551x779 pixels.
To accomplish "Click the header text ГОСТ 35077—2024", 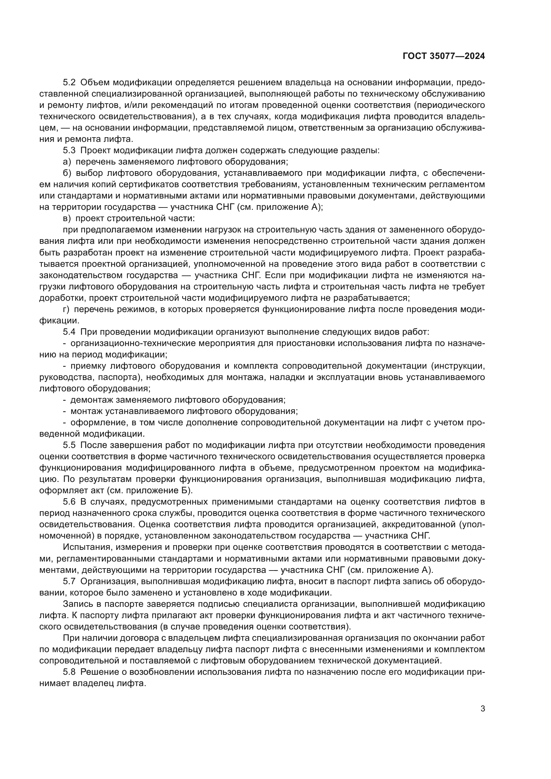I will (444, 56).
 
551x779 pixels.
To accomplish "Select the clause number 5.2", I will (70, 83).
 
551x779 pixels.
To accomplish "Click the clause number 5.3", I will (70, 150).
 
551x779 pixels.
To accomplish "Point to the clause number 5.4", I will (70, 332).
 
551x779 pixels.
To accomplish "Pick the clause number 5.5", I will (70, 445).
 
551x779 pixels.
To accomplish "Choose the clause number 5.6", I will (70, 502).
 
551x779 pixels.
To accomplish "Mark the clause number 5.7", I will (70, 581).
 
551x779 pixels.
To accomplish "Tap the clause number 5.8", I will (70, 672).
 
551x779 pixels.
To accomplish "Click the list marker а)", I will (67, 162).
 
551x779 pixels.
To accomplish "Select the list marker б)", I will (67, 173).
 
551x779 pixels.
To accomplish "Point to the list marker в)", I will (67, 218).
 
